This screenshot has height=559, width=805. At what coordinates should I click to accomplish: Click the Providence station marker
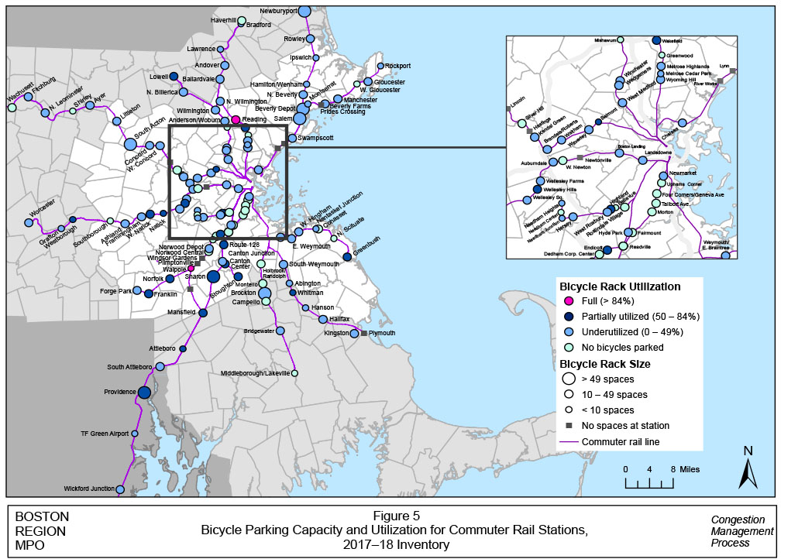pos(143,393)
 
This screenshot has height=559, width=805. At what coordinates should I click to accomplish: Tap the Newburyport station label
pos(279,11)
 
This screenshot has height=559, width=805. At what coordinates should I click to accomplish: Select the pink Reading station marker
pos(236,120)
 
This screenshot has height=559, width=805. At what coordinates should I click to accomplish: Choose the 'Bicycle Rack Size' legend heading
pos(604,363)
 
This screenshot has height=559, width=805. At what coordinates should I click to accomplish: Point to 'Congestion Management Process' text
pos(741,531)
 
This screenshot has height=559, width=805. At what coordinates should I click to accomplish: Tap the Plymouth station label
pos(381,333)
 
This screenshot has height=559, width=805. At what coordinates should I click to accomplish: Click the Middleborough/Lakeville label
pos(255,373)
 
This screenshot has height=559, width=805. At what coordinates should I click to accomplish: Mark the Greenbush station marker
pos(346,256)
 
